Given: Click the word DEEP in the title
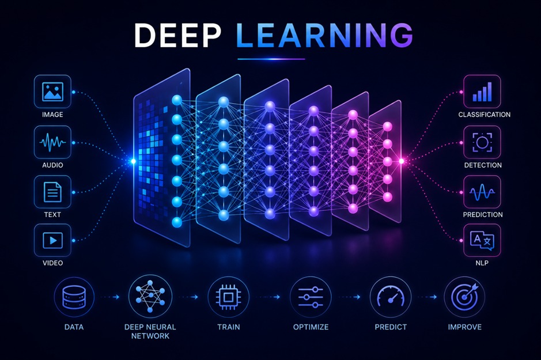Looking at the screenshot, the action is pos(177,35).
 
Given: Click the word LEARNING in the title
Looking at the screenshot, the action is pos(325,35).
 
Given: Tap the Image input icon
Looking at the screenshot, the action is pos(52,92).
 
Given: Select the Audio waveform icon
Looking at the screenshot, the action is pos(52,142).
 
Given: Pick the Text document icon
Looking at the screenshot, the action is pos(52,192).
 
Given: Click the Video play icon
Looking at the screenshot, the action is pos(52,240).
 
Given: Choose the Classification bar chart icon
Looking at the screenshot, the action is pos(482,92).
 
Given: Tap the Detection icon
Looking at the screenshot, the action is pos(482,142).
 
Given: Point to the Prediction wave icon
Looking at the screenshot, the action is pos(482,192).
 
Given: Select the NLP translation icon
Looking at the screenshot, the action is pos(482,240).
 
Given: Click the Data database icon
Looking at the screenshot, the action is pos(74,297).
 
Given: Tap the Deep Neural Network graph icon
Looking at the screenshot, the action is pos(150,296).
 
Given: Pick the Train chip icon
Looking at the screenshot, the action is pos(228,297).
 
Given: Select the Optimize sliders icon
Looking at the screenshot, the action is pos(311,297).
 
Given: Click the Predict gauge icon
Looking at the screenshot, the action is pos(391,297).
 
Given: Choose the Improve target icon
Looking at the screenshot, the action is pos(464,297).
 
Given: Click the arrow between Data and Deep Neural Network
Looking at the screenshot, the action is pos(110,297).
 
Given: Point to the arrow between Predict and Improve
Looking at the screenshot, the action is pos(427,297).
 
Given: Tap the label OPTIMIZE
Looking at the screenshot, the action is pos(311,327).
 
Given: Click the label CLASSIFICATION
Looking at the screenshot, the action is pos(484,115).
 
